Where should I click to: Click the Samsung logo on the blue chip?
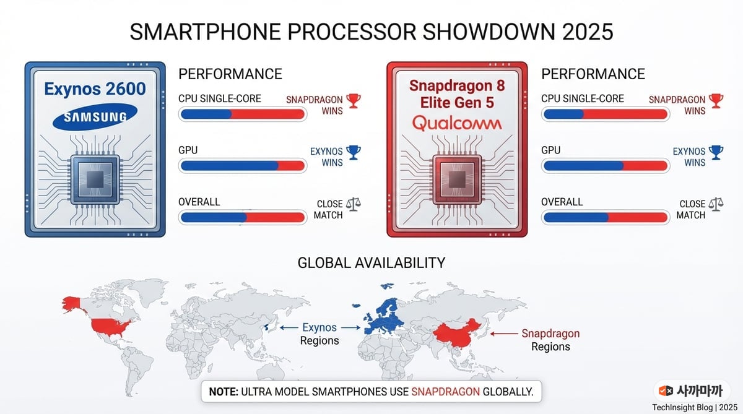point(95,117)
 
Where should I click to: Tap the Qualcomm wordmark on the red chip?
point(457,123)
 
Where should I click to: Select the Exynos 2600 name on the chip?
point(95,89)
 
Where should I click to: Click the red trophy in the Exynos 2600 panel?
point(354,101)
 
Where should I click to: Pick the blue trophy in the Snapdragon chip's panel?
point(716,152)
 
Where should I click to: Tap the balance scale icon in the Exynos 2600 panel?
point(354,204)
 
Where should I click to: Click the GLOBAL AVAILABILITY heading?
point(371,263)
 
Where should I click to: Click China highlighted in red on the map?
point(458,334)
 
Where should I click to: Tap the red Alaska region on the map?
point(72,304)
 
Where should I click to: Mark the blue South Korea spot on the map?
point(266,327)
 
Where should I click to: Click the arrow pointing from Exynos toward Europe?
point(350,327)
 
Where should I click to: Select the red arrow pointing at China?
point(504,334)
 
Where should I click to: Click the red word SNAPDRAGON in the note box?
point(445,392)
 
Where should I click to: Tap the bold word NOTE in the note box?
point(224,392)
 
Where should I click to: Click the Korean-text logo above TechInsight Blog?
point(692,391)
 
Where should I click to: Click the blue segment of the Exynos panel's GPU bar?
point(230,166)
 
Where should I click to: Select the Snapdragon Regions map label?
point(550,340)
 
